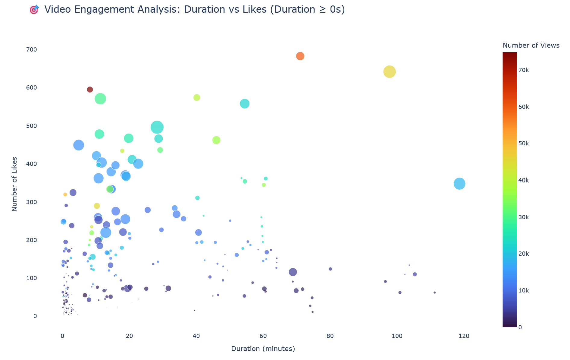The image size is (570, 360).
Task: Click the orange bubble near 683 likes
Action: pos(300,56)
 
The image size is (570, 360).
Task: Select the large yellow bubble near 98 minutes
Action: pos(389,72)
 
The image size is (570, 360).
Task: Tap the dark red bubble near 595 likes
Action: pos(90,90)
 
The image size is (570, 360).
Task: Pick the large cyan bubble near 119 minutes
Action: pos(459,184)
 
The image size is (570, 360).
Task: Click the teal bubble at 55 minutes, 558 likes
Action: pos(245,104)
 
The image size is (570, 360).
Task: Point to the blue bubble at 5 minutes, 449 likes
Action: pos(79,145)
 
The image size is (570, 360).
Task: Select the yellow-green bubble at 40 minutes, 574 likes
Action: pos(197,98)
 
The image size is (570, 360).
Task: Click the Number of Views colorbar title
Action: pos(531,46)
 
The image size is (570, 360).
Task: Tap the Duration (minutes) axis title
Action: pos(263,349)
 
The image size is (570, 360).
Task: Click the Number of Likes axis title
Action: pos(14,184)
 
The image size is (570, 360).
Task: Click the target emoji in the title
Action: pos(34,10)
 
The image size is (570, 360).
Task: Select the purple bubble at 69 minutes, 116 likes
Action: pos(293,272)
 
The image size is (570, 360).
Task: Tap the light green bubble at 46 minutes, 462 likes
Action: pos(216,140)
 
